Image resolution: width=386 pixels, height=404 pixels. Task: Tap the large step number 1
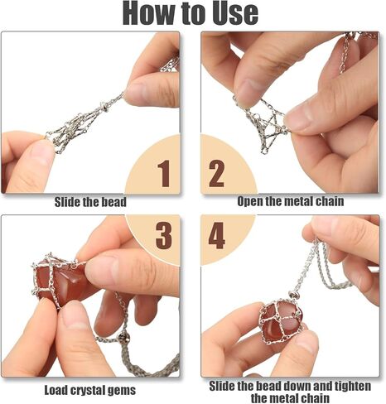tap(164, 174)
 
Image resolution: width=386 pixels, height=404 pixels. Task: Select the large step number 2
tap(216, 174)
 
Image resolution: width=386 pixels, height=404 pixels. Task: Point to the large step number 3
tap(164, 235)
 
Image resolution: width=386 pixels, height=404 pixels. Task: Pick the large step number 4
tap(217, 235)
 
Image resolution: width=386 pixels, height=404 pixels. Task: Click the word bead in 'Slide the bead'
tap(114, 202)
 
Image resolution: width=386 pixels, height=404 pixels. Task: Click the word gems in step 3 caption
tap(123, 391)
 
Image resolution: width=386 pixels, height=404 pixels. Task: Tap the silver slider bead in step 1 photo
tap(104, 106)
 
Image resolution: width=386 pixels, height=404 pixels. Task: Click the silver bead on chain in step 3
tap(123, 338)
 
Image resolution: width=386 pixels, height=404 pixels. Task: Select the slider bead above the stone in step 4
tap(294, 295)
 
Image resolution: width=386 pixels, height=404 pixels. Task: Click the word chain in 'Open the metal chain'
tap(330, 201)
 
